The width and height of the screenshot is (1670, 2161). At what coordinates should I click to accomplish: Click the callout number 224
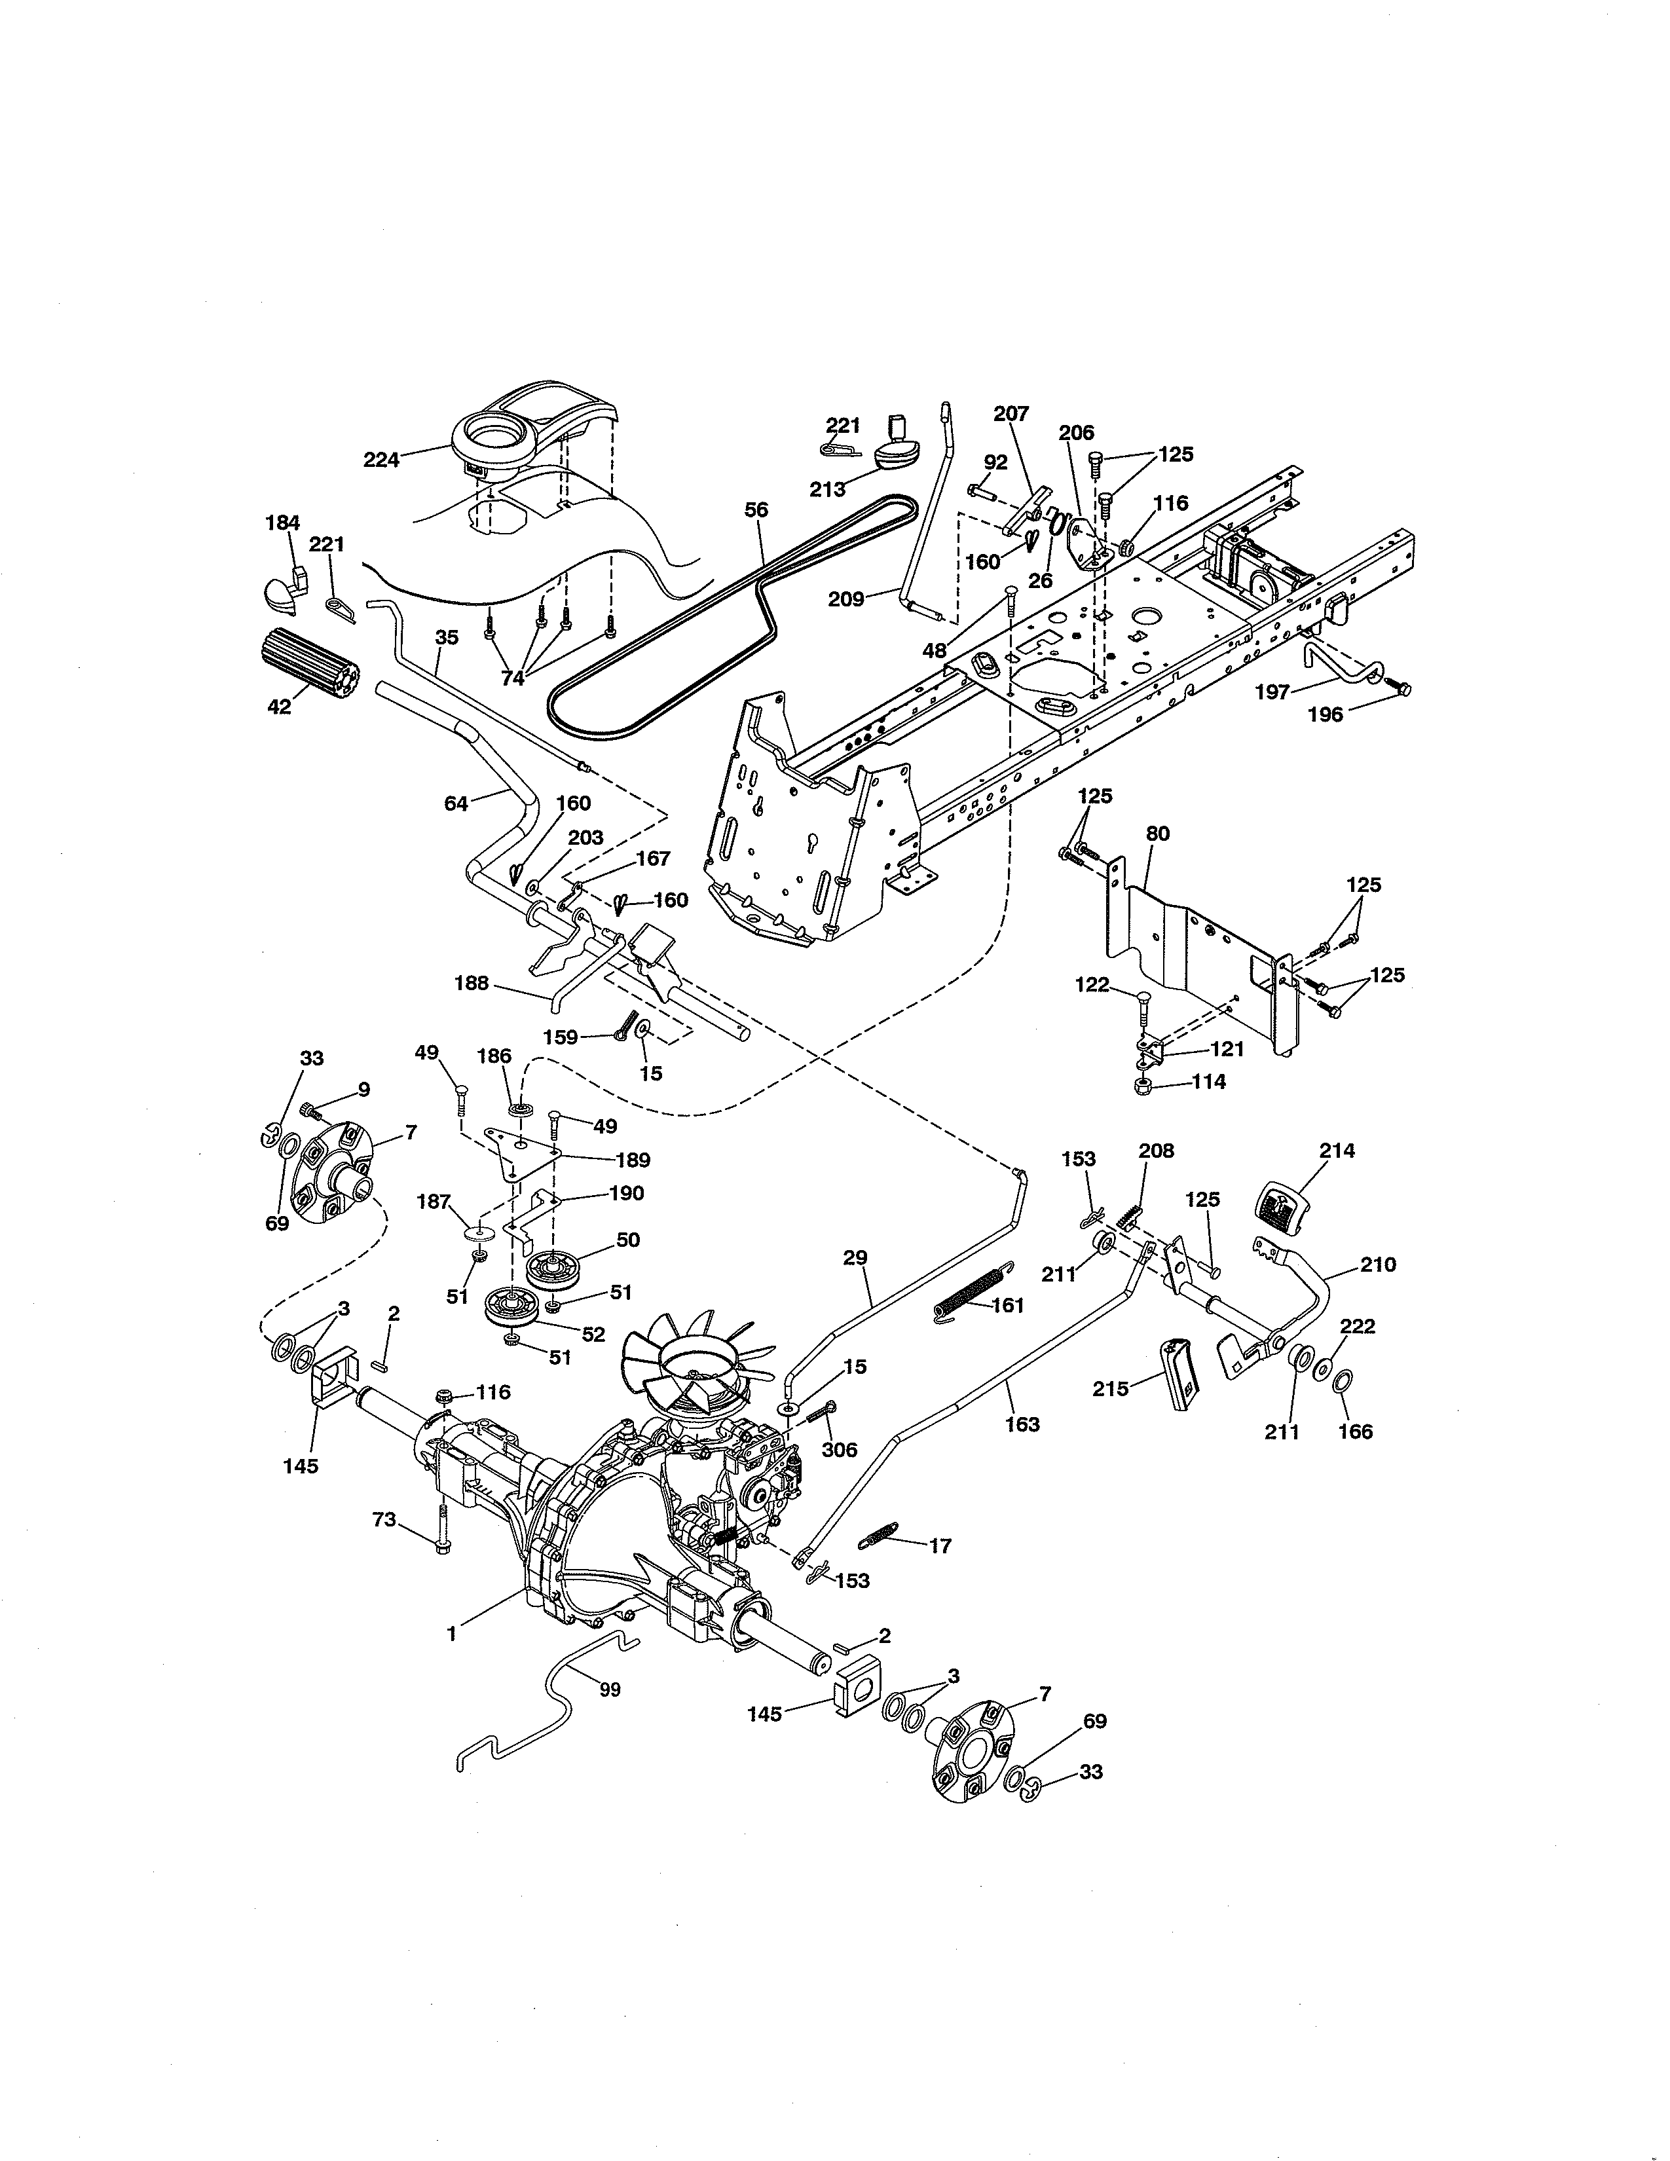click(381, 459)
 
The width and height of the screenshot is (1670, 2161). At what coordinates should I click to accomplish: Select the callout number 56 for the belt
click(756, 511)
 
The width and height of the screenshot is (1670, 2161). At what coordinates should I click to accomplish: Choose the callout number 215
click(1110, 1389)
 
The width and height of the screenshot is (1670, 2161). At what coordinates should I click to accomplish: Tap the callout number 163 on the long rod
click(1022, 1424)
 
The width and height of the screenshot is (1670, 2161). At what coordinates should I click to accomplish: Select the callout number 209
click(846, 599)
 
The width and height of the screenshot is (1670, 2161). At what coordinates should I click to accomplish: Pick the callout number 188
click(471, 984)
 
